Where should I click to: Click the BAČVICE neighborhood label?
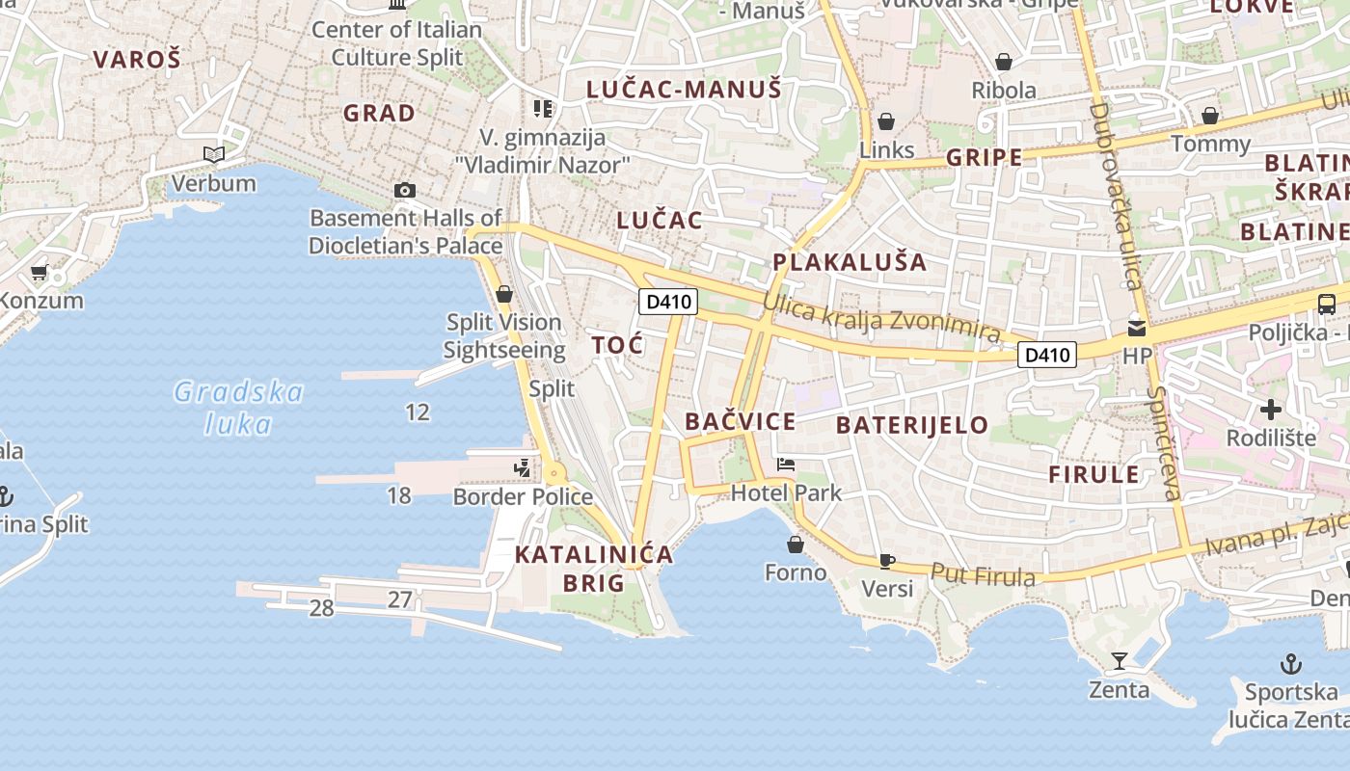click(741, 421)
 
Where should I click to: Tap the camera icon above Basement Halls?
click(405, 190)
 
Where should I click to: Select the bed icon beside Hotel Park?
click(786, 465)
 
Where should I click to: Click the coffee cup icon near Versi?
click(887, 561)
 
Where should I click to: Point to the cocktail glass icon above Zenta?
click(1119, 661)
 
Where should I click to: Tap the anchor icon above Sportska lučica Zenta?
click(1290, 663)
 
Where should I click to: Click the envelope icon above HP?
click(1137, 328)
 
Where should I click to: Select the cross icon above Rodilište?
click(1271, 410)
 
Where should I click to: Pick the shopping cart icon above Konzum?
click(40, 273)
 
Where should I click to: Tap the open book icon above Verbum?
click(213, 154)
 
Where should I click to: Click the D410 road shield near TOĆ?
click(667, 302)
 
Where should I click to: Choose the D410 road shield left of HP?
click(1047, 355)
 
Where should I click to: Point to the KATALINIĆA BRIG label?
click(594, 569)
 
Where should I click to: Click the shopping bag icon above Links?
click(885, 121)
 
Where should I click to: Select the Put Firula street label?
click(983, 575)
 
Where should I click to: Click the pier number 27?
click(400, 599)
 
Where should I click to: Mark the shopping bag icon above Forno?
click(796, 545)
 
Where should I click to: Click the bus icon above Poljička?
click(1327, 305)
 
